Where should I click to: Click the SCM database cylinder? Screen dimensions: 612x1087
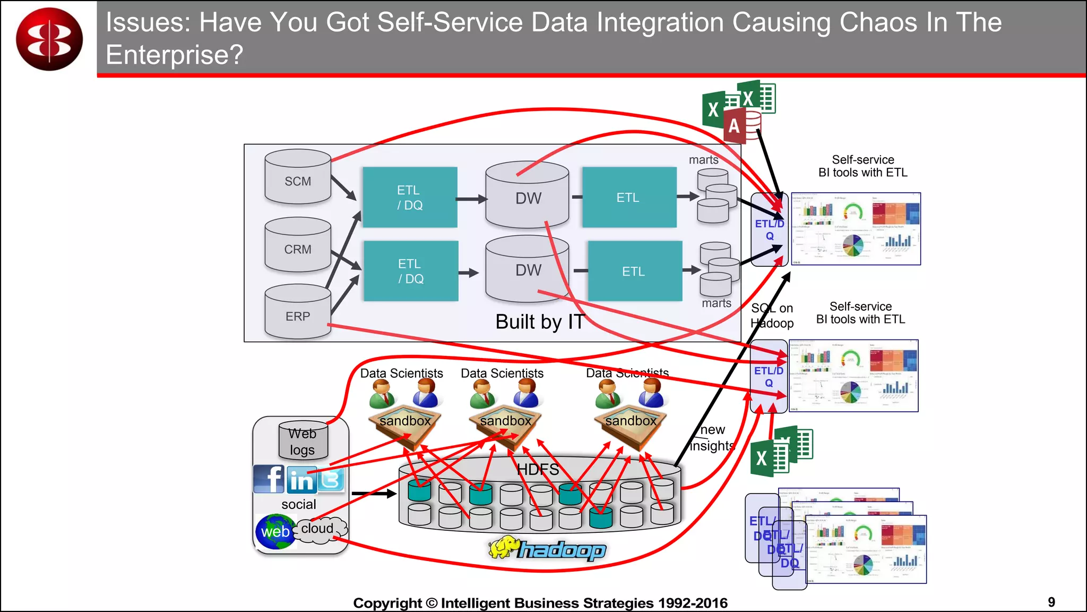pyautogui.click(x=298, y=177)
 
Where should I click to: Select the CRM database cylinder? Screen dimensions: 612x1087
pyautogui.click(x=298, y=245)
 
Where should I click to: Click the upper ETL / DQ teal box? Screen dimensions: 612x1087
pyautogui.click(x=410, y=198)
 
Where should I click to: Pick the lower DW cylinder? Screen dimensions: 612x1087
pyautogui.click(x=527, y=269)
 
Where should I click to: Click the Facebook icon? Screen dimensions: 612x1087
pyautogui.click(x=269, y=479)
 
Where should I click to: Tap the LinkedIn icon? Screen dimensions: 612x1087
pyautogui.click(x=301, y=480)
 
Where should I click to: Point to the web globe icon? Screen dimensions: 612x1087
pyautogui.click(x=274, y=531)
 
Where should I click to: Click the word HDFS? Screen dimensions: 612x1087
pyautogui.click(x=538, y=470)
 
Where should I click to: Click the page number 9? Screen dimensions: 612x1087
pyautogui.click(x=1051, y=602)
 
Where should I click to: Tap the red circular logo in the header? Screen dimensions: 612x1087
pyautogui.click(x=49, y=39)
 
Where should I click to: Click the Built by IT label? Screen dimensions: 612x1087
pyautogui.click(x=540, y=322)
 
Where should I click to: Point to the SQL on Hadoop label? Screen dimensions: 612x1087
pyautogui.click(x=772, y=316)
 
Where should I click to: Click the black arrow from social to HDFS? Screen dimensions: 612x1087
pyautogui.click(x=374, y=494)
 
